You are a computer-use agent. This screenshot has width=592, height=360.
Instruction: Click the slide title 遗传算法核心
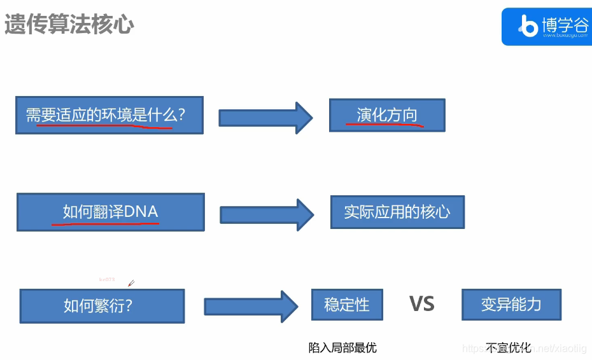[69, 24]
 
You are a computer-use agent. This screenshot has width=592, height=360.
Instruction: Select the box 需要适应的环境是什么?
[109, 115]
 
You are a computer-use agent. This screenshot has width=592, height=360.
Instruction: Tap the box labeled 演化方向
[386, 115]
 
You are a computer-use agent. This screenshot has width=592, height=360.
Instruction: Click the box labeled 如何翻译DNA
[110, 212]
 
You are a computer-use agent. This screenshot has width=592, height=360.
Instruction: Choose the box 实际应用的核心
[397, 212]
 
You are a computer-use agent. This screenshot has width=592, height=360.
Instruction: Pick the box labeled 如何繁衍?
[102, 306]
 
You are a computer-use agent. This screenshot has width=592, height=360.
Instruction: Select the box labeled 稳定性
[347, 304]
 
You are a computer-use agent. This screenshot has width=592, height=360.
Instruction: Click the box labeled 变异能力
[511, 304]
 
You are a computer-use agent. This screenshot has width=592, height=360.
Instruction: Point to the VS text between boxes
[421, 304]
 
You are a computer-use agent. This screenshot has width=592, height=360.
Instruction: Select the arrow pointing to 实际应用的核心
[267, 214]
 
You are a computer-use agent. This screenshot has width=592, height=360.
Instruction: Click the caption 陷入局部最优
[342, 347]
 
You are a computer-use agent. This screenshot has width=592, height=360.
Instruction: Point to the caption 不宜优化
[508, 347]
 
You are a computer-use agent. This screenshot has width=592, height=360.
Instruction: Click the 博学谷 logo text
[565, 24]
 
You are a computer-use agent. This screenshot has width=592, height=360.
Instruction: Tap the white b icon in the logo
[528, 27]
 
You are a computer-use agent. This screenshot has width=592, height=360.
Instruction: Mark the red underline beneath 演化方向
[384, 125]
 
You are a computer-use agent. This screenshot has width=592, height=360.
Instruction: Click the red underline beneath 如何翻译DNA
[105, 223]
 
